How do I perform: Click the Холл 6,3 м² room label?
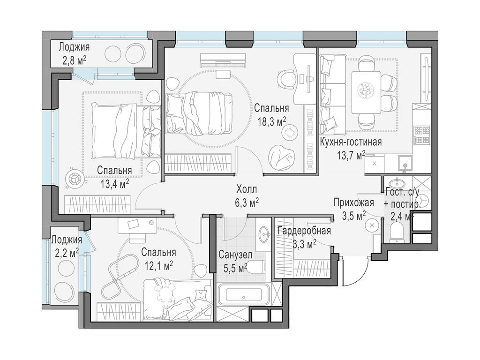pyautogui.click(x=247, y=196)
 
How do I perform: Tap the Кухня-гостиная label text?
pyautogui.click(x=351, y=142)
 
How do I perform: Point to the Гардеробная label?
pyautogui.click(x=304, y=231)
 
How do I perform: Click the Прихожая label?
pyautogui.click(x=353, y=202)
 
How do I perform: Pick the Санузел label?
pyautogui.click(x=235, y=255)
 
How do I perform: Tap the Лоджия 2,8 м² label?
pyautogui.click(x=74, y=53)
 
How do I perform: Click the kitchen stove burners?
pyautogui.click(x=422, y=135)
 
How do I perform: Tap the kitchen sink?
pyautogui.click(x=405, y=163)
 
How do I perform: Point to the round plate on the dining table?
pyautogui.click(x=366, y=90)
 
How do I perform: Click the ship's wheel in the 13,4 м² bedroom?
pyautogui.click(x=75, y=178)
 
